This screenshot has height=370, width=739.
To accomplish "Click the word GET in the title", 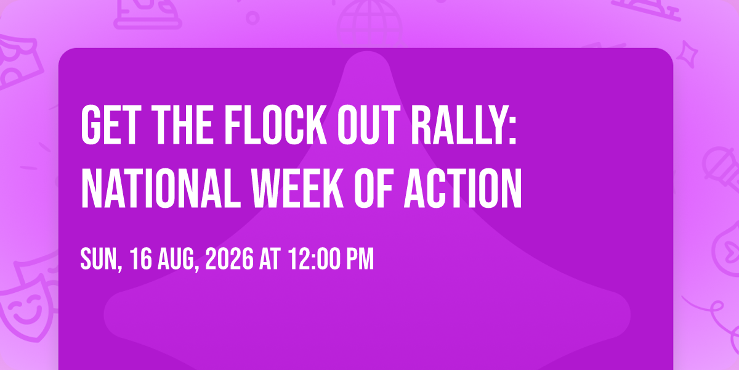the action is [x=109, y=125].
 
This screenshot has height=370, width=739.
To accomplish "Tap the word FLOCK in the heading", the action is [x=275, y=125].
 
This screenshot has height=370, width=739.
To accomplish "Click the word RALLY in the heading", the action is [x=459, y=125].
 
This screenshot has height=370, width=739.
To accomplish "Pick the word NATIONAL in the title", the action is [x=161, y=188].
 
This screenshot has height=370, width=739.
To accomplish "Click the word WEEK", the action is [x=297, y=188].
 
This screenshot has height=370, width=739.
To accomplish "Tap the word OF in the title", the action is [x=373, y=188].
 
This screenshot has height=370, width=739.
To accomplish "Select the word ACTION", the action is [x=462, y=188].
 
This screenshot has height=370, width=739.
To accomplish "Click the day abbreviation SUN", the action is [x=99, y=259].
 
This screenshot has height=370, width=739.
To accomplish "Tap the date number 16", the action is [x=141, y=259].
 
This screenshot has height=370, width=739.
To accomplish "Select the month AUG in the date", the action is [x=176, y=259].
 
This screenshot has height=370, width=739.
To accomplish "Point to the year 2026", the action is [x=229, y=259].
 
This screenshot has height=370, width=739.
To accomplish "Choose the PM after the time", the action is [x=360, y=259].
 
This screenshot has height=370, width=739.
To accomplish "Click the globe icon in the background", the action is [x=369, y=22].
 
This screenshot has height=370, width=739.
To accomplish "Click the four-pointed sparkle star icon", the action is [x=687, y=54].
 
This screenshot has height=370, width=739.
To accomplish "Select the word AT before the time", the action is [x=270, y=259].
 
